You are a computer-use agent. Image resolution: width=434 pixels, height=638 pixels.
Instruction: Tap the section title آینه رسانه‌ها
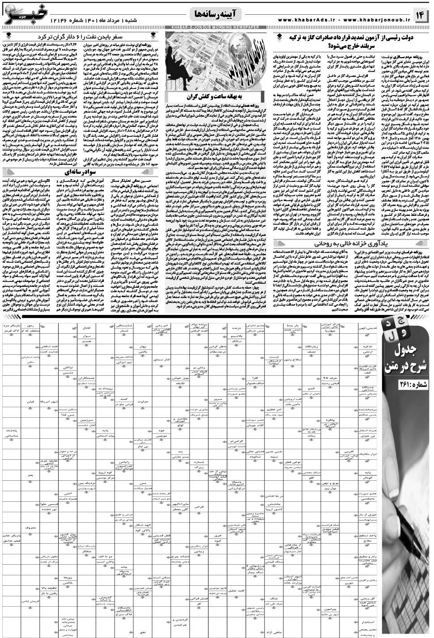(217, 15)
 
